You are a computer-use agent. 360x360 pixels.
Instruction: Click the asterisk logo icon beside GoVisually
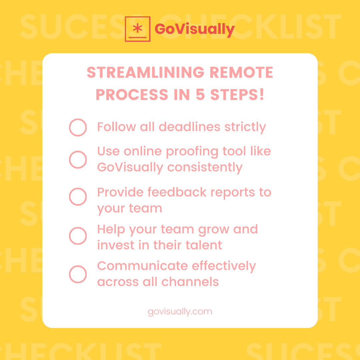pyautogui.click(x=137, y=29)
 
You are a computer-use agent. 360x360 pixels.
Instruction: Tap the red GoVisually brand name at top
pyautogui.click(x=195, y=29)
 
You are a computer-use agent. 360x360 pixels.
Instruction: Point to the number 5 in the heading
pyautogui.click(x=200, y=95)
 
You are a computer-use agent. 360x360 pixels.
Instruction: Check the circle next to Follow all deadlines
pyautogui.click(x=78, y=127)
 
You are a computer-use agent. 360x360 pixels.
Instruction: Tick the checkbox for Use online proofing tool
pyautogui.click(x=78, y=159)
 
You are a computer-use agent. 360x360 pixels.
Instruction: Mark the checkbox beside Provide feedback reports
pyautogui.click(x=78, y=196)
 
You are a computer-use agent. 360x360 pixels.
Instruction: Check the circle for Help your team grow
pyautogui.click(x=78, y=236)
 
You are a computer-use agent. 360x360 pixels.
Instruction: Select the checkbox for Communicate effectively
pyautogui.click(x=78, y=274)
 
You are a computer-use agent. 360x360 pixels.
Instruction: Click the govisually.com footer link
pyautogui.click(x=180, y=312)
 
